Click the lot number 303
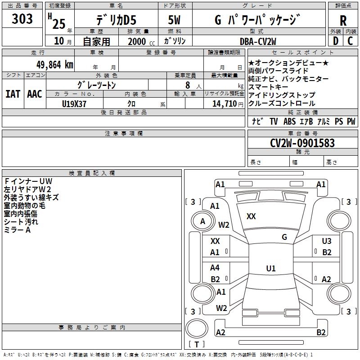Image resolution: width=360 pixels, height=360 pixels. pyautogui.click(x=23, y=19)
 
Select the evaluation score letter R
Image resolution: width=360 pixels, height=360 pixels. pyautogui.click(x=343, y=20)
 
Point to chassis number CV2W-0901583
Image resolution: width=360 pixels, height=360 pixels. pyautogui.click(x=302, y=143)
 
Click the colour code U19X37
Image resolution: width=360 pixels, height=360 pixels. pyautogui.click(x=74, y=103)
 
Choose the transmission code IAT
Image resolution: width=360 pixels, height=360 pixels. pyautogui.click(x=13, y=94)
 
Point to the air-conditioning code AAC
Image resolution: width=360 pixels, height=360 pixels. pyautogui.click(x=35, y=94)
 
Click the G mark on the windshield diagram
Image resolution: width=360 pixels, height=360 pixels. pyautogui.click(x=284, y=237)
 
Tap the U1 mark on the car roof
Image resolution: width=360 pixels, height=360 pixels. pyautogui.click(x=270, y=269)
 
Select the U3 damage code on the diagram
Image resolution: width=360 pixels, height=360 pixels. pyautogui.click(x=327, y=241)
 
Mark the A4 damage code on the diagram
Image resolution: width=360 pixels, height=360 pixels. pyautogui.click(x=215, y=268)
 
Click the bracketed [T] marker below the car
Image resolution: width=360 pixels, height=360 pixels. pyautogui.click(x=196, y=345)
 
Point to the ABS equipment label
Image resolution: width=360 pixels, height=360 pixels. pyautogui.click(x=289, y=121)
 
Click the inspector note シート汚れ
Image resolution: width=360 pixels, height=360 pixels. pyautogui.click(x=21, y=222)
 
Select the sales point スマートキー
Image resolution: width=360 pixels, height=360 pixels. pyautogui.click(x=269, y=87)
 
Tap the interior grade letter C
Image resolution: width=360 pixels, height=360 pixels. pyautogui.click(x=351, y=41)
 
